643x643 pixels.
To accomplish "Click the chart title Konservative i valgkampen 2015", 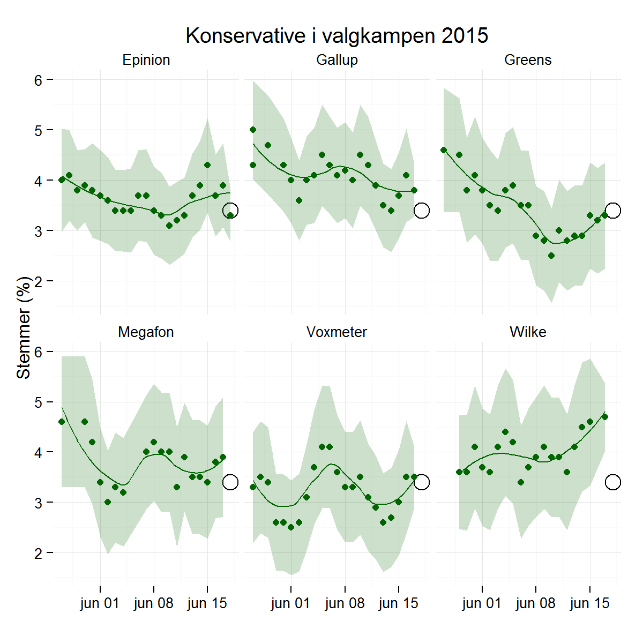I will pos(337,36).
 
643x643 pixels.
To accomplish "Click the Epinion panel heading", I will pos(146,60).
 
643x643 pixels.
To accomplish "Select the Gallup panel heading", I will pos(337,60).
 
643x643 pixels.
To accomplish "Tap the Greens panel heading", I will pos(528,60).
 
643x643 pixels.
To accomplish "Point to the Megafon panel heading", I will pos(146,332).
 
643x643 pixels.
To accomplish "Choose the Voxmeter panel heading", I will pos(337,332).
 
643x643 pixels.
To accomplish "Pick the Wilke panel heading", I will pos(528,332).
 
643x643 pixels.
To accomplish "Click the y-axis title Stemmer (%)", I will pos(24,328).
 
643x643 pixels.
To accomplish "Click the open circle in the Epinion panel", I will pos(230,211).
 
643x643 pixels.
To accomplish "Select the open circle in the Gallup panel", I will pos(422,211).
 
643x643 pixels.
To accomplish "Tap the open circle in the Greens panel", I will pos(613,211).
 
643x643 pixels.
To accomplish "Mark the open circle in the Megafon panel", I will pos(230,482).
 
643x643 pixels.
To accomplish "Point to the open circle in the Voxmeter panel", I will pos(422,482).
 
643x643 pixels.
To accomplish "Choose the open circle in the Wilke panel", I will pos(613,482).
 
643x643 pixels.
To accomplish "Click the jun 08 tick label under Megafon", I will pos(154,603).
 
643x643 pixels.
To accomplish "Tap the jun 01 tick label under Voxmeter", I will pos(290,603).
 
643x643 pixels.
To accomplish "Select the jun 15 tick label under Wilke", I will pos(589,603).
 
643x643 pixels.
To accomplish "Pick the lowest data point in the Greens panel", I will pos(551,256).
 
